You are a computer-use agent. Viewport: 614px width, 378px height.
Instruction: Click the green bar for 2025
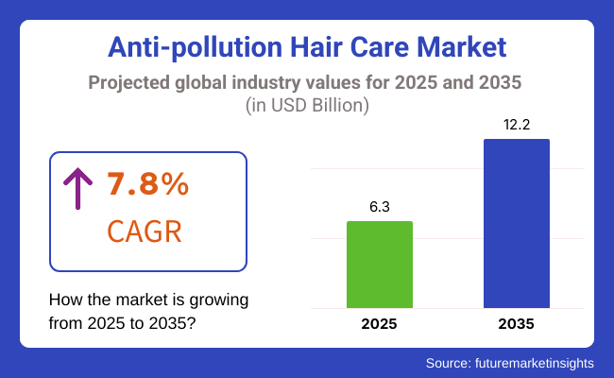point(380,265)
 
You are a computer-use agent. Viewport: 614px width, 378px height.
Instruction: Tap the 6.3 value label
point(380,205)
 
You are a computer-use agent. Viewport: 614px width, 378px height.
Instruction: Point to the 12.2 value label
point(517,124)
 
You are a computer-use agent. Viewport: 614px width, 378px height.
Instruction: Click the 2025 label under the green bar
point(380,324)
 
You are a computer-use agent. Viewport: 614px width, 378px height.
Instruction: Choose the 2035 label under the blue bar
point(517,324)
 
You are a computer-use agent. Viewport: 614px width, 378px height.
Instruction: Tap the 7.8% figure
point(146,185)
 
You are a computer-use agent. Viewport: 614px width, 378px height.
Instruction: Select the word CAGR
point(145,232)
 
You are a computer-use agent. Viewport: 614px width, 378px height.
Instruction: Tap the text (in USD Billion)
point(307,105)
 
